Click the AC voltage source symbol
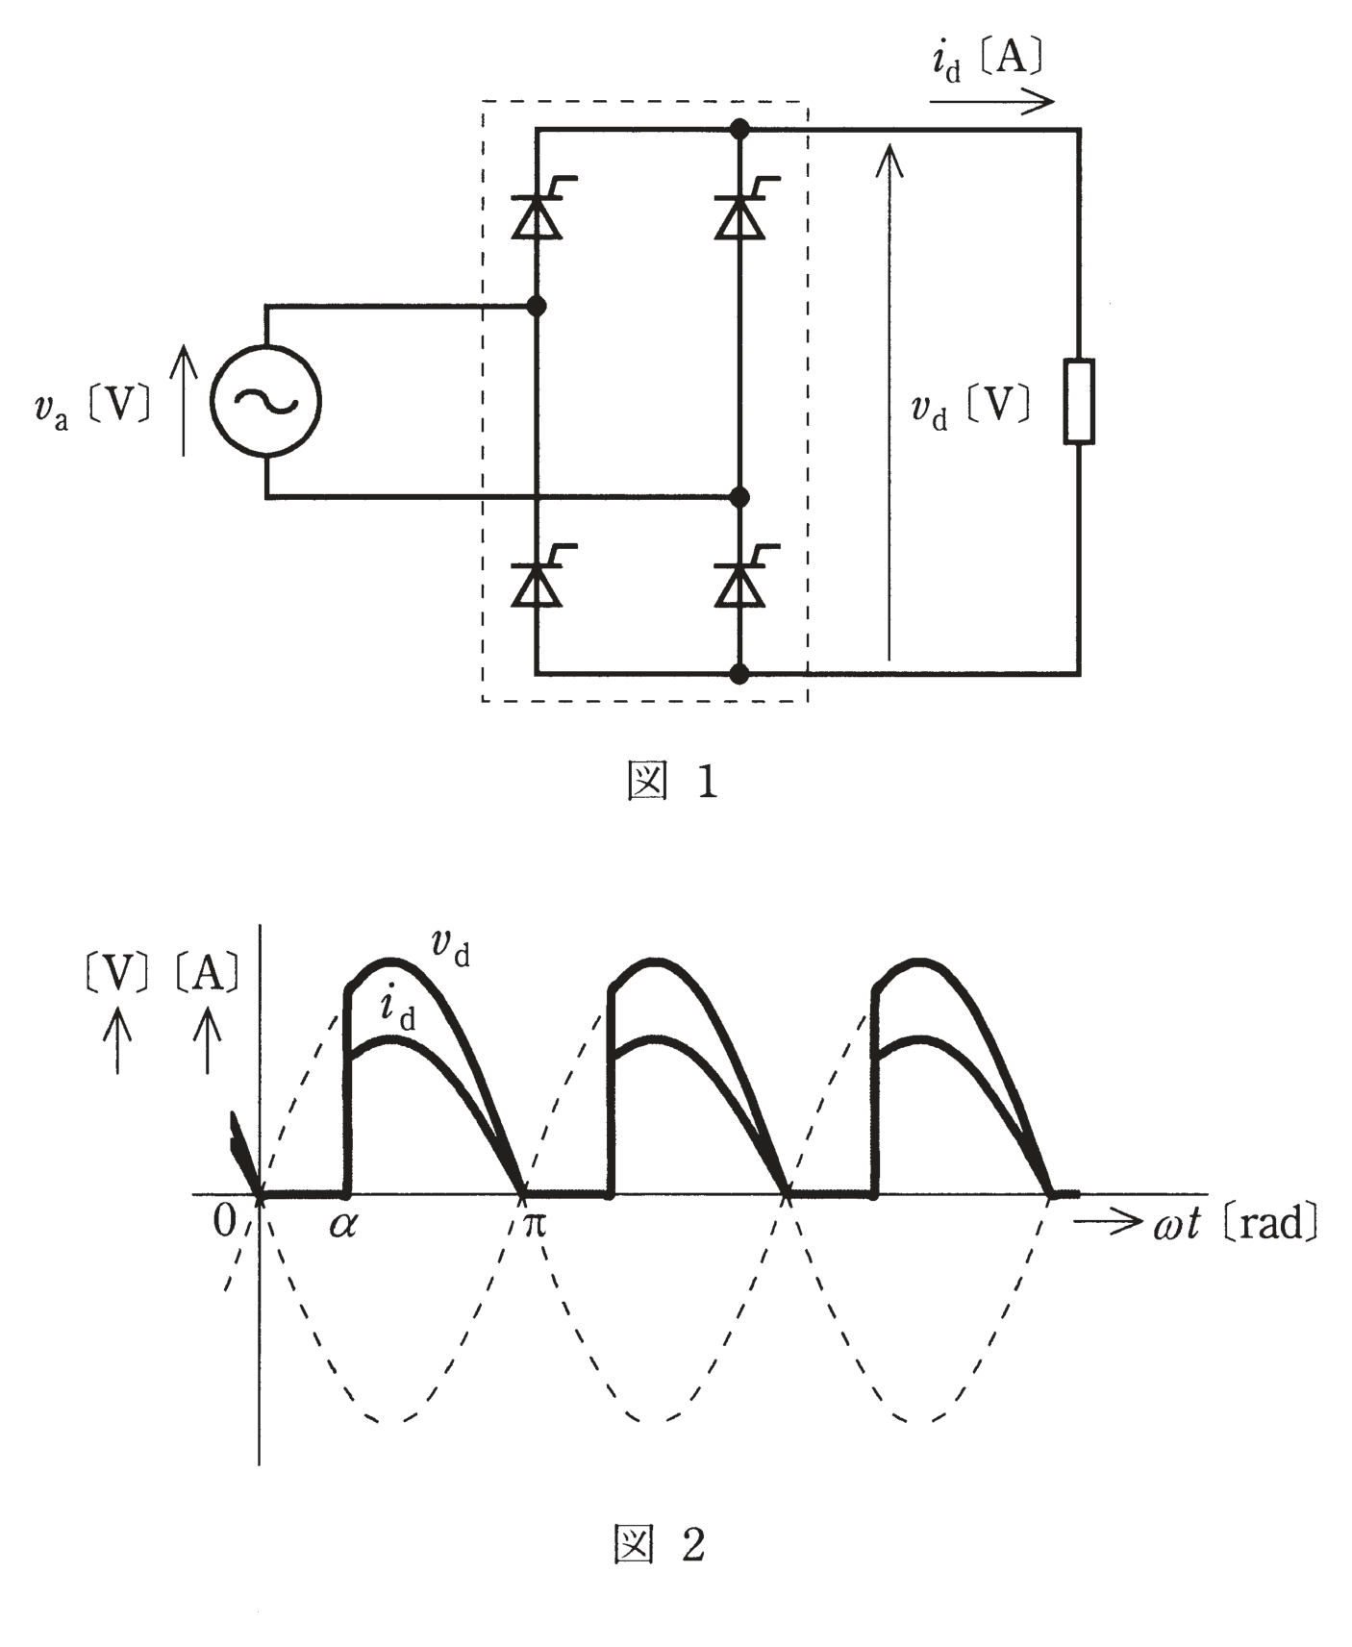click(x=266, y=402)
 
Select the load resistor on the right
click(x=1079, y=402)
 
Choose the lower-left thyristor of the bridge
click(x=537, y=580)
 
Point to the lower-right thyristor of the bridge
click(x=739, y=580)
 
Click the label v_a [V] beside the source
click(x=92, y=408)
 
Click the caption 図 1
click(x=672, y=782)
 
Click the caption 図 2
click(x=661, y=1544)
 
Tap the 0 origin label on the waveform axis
click(x=224, y=1221)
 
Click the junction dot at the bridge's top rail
click(x=739, y=128)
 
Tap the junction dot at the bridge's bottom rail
click(x=739, y=674)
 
